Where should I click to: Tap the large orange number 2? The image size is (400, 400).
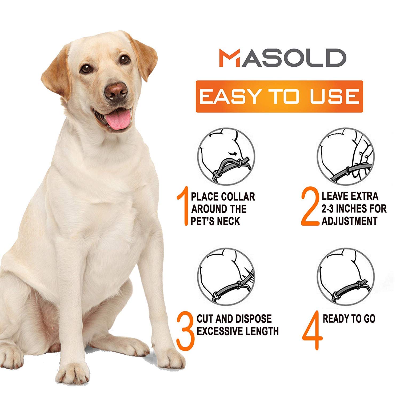tap(310, 208)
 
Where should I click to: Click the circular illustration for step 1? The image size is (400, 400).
tap(226, 156)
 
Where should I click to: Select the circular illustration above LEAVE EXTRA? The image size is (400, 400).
tap(346, 156)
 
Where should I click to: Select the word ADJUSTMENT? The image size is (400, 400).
tap(349, 221)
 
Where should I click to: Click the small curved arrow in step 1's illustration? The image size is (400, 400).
tap(233, 154)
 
